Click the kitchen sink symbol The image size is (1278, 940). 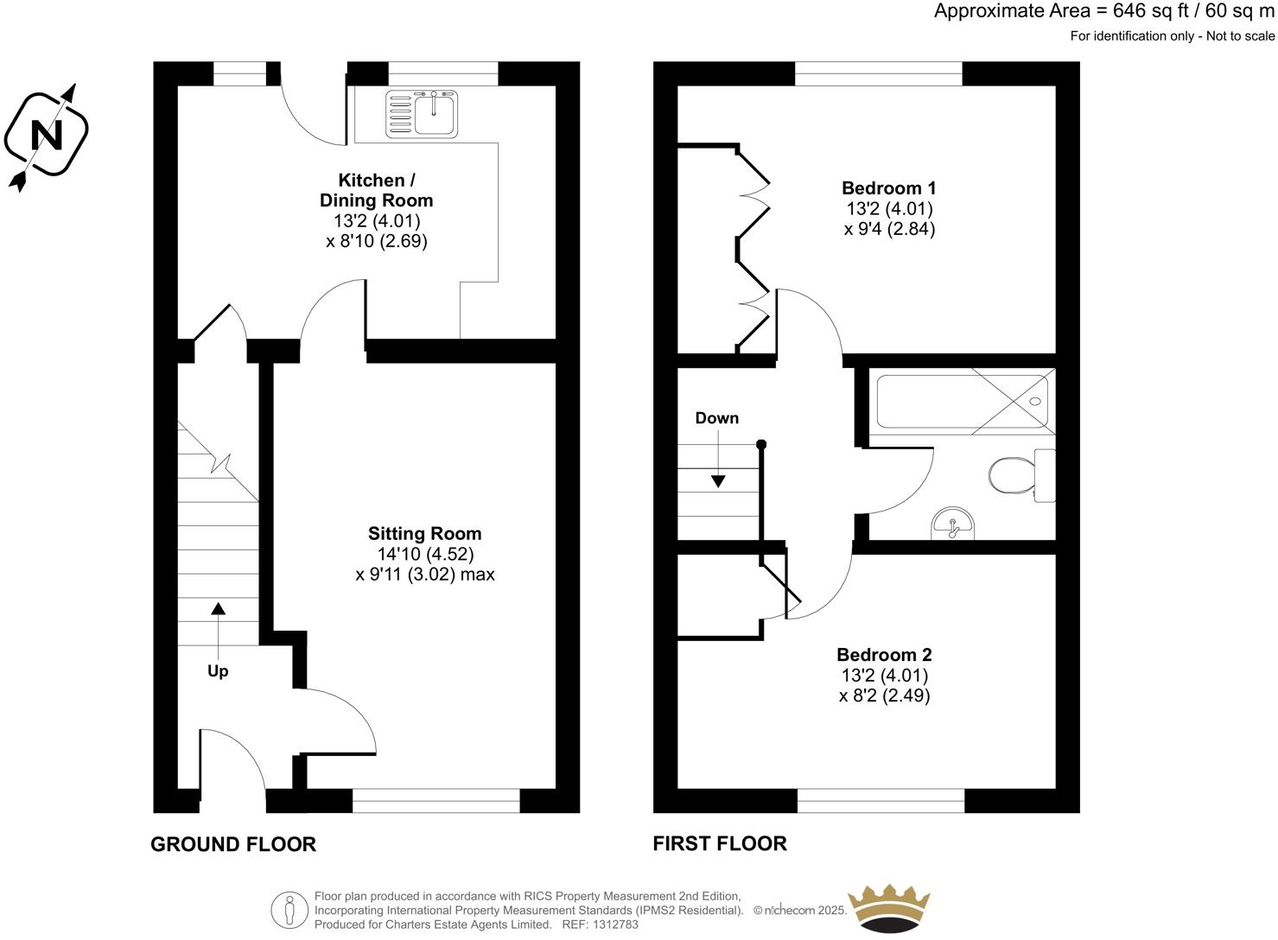tap(423, 114)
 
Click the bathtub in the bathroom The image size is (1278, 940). tap(963, 402)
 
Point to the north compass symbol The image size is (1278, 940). tap(46, 136)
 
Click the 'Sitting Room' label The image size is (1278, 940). tap(424, 534)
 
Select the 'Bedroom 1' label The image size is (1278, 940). tap(888, 188)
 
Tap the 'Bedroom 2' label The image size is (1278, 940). tap(884, 655)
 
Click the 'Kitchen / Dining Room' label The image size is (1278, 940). tap(376, 190)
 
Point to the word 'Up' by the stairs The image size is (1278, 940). tap(218, 671)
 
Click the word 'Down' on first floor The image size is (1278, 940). tap(716, 418)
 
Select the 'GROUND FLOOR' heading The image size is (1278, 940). tap(233, 844)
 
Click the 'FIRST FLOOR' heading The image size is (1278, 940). tap(719, 844)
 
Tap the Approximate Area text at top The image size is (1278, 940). tap(1103, 12)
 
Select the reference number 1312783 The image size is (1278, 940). tap(611, 924)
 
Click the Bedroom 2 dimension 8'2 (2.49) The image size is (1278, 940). tap(884, 695)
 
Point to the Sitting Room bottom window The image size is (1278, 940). tap(436, 801)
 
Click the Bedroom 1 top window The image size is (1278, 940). tap(878, 73)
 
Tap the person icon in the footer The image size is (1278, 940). tap(289, 910)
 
